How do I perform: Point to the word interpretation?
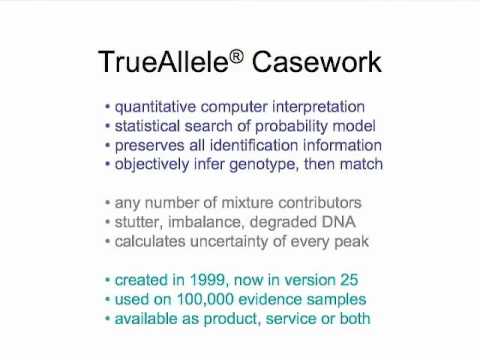tap(316, 107)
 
